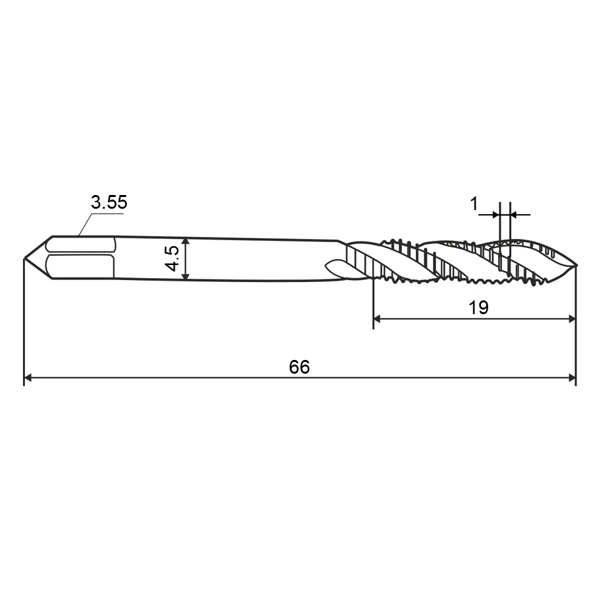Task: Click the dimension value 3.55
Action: click(109, 202)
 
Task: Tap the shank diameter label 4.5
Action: click(173, 259)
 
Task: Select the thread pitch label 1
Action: click(474, 204)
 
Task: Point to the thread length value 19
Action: click(478, 308)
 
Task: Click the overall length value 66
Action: click(299, 366)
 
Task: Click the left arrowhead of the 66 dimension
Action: click(27, 377)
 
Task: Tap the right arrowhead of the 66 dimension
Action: click(572, 377)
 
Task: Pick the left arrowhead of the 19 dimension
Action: click(378, 319)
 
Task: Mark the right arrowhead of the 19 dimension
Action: click(571, 319)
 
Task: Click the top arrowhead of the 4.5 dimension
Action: click(185, 241)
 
